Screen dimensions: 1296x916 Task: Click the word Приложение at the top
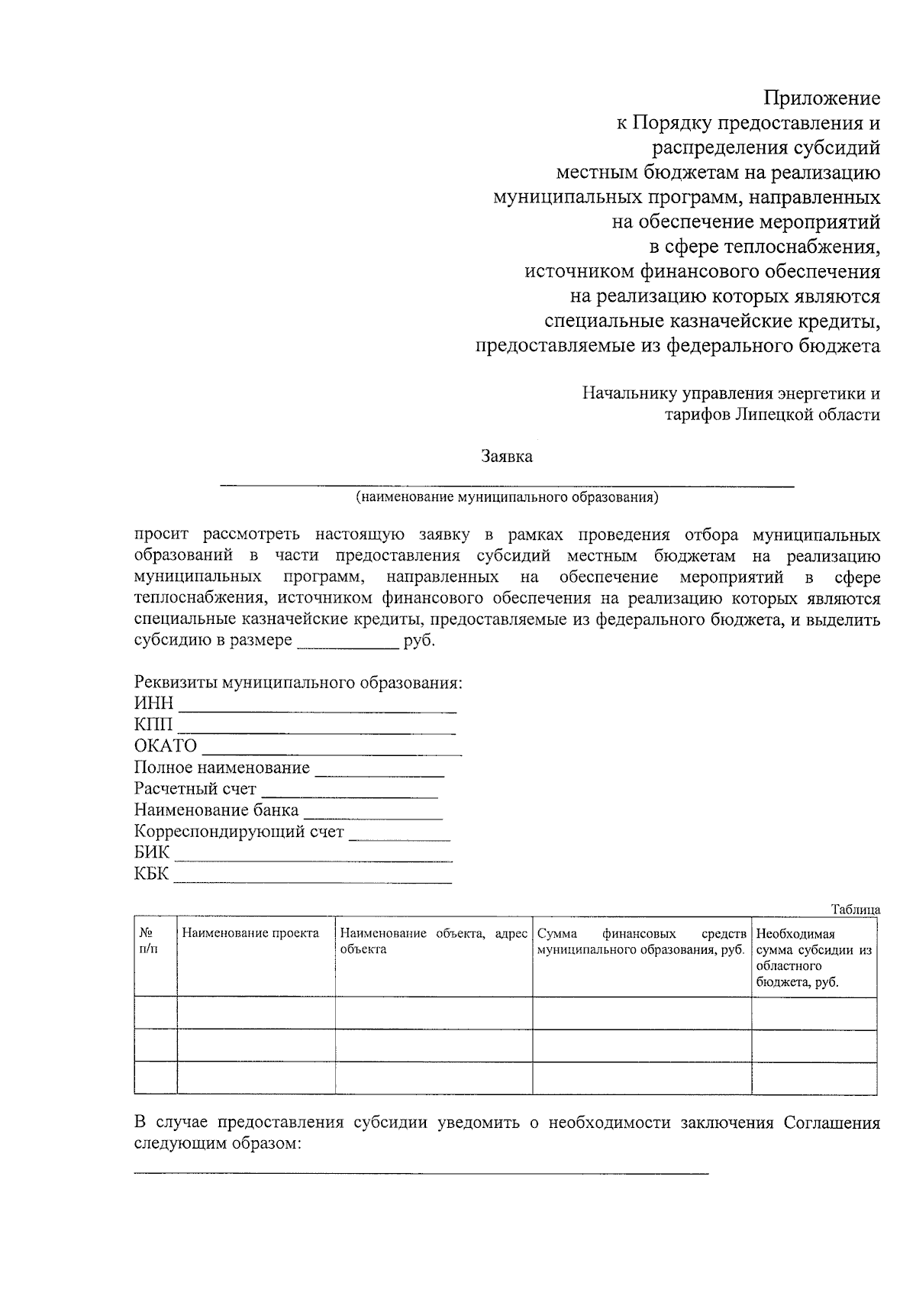click(822, 98)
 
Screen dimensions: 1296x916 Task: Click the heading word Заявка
click(507, 457)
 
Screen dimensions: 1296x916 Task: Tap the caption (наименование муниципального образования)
click(507, 498)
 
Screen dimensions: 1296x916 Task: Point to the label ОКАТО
click(166, 746)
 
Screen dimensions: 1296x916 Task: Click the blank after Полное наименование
click(379, 774)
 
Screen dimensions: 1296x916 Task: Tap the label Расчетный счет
click(195, 789)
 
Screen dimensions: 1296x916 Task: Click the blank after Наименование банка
click(373, 817)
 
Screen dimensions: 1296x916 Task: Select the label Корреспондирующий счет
click(239, 832)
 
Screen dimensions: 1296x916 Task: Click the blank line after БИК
click(313, 860)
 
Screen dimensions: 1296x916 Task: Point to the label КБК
click(151, 874)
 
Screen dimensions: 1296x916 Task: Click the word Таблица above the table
click(856, 910)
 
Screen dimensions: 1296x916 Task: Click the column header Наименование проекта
click(250, 933)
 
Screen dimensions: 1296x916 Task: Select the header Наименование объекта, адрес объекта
click(433, 941)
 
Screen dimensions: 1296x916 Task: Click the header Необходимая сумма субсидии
click(814, 958)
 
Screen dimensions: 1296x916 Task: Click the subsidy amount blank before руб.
click(347, 645)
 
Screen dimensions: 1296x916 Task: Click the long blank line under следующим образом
click(421, 1172)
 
